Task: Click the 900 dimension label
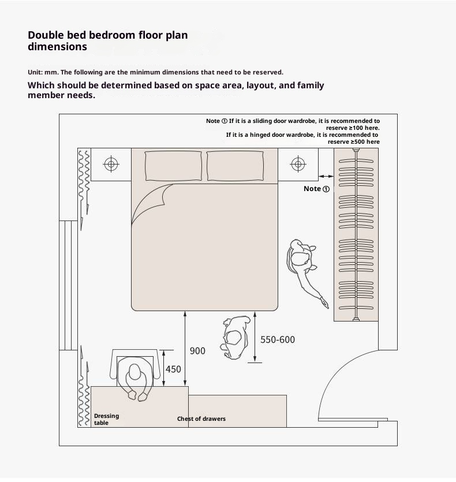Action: click(x=197, y=351)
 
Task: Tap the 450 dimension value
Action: click(x=173, y=369)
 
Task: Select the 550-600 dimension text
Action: click(x=278, y=339)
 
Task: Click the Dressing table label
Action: click(x=106, y=419)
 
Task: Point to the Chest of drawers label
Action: click(x=201, y=419)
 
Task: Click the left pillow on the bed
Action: click(x=173, y=166)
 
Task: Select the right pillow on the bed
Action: click(x=236, y=166)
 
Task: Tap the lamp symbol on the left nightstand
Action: click(x=111, y=164)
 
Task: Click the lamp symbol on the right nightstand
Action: click(x=298, y=164)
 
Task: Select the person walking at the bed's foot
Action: click(x=236, y=338)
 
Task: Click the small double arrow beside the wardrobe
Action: click(x=326, y=176)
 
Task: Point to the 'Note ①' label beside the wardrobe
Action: click(x=316, y=189)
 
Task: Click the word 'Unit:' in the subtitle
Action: click(x=35, y=72)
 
